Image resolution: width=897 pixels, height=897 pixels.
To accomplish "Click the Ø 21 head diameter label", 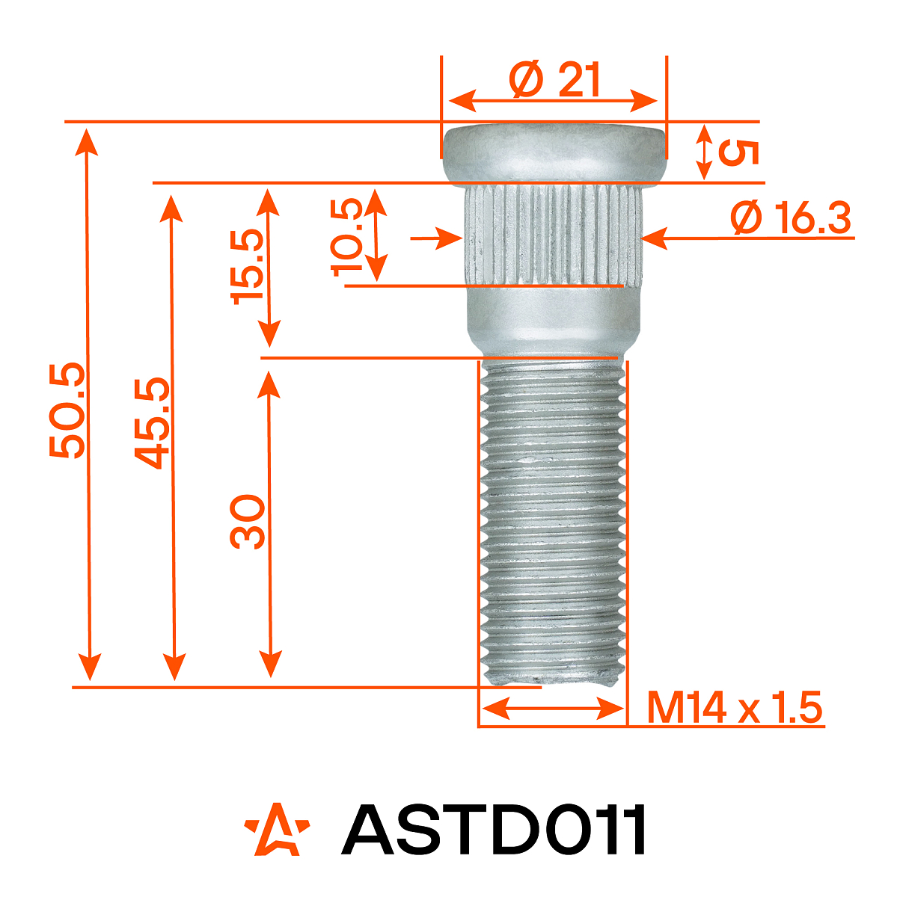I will (x=554, y=79).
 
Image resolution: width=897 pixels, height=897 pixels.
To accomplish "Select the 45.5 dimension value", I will (x=152, y=423).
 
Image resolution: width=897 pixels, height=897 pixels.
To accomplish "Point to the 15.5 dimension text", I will (x=248, y=266).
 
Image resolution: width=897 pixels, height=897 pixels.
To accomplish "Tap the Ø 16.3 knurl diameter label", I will (x=792, y=218).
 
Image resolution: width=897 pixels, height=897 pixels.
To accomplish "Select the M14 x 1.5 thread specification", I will (x=735, y=707).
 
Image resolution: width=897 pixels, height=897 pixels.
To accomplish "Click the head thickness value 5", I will (x=738, y=152).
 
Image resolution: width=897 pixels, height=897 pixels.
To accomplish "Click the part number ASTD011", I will (x=494, y=830).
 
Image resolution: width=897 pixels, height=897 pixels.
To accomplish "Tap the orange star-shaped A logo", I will (x=276, y=830).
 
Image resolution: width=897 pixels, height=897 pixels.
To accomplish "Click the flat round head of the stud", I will (x=553, y=153).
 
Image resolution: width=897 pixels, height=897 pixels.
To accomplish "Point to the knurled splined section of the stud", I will (x=553, y=235).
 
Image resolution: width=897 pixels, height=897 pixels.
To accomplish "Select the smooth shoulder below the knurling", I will (x=553, y=321).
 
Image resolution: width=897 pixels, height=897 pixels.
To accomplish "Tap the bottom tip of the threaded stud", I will (x=552, y=676).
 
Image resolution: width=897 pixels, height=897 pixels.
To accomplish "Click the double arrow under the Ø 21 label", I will (x=553, y=99).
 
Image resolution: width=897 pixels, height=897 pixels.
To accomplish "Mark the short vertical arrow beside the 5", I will (x=704, y=152).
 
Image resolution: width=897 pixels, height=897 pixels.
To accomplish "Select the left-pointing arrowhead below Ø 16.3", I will (x=655, y=238).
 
